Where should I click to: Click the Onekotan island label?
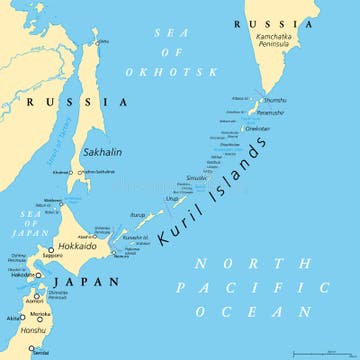259,128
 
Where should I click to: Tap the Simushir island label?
198,177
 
